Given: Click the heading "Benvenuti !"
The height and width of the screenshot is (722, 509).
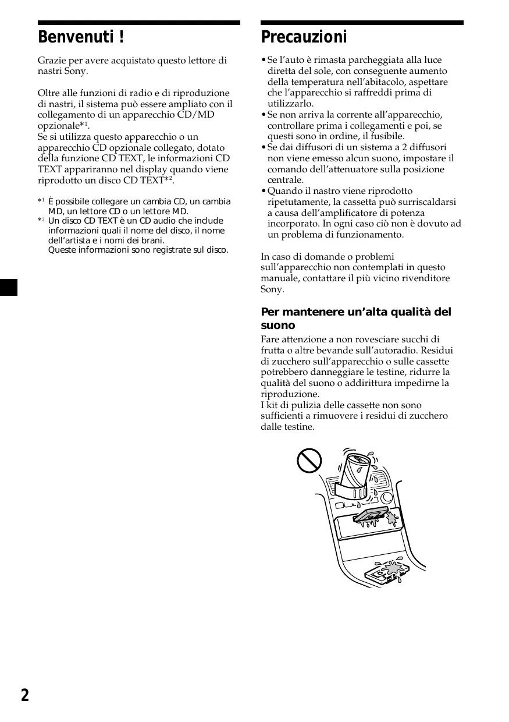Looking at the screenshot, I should click(81, 38).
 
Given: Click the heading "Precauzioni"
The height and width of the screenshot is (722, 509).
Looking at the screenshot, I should click(304, 38).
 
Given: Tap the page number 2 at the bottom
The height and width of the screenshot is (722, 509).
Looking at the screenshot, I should click(24, 695).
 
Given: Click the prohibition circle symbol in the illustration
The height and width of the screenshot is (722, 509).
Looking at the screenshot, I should click(309, 461).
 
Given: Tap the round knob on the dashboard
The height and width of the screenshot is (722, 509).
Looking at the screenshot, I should click(387, 498).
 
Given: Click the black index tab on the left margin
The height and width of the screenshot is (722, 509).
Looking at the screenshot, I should click(9, 287).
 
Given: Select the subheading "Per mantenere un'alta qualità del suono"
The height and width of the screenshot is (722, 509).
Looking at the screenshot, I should click(355, 318).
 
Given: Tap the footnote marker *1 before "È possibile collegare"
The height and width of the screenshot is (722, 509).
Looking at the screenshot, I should click(41, 201).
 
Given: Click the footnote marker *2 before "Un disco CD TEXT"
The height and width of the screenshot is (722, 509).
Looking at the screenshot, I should click(41, 221).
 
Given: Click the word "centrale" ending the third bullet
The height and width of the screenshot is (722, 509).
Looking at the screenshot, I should click(285, 180).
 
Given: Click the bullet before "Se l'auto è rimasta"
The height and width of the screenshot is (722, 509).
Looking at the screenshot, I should click(264, 60).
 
